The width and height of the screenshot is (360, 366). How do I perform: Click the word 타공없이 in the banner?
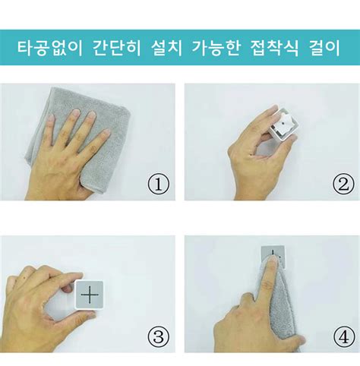click(50, 47)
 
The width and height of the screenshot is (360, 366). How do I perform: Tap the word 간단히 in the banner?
click(117, 47)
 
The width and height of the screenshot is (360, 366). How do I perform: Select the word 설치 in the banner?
click(166, 47)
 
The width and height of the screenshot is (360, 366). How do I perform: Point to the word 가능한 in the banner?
click(216, 47)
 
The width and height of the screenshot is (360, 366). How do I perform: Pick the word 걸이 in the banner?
click(324, 47)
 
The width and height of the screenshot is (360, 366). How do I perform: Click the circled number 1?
click(159, 185)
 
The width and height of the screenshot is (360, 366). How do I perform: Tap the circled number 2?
click(343, 185)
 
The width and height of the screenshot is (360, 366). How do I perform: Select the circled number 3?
click(159, 337)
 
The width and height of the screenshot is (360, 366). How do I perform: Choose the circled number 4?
click(343, 337)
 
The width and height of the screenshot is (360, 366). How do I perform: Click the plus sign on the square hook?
click(90, 295)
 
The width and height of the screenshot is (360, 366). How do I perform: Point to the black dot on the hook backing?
click(283, 123)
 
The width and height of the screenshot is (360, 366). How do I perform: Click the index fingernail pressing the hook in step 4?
click(273, 259)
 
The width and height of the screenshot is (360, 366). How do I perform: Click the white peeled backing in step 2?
click(283, 123)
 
